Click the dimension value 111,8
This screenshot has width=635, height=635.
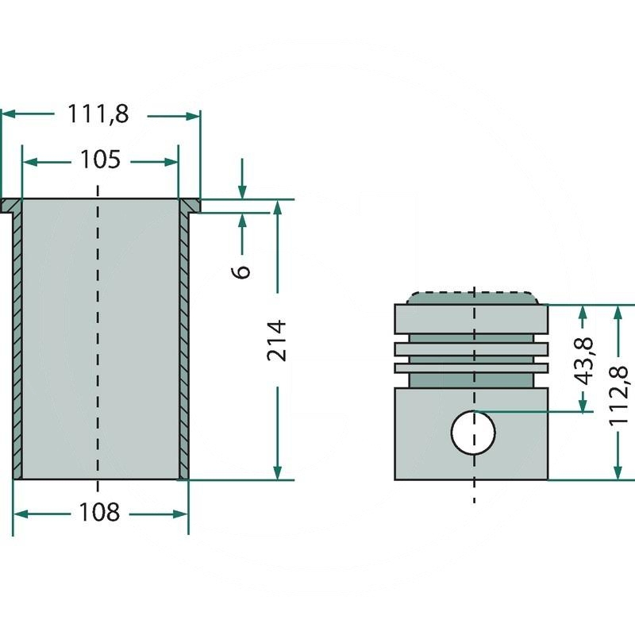pos(98,115)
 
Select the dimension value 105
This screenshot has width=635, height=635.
pos(100,160)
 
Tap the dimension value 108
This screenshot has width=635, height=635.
pos(100,513)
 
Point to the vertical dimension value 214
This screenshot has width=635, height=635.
pos(276,340)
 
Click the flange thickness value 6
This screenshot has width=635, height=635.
pos(243,269)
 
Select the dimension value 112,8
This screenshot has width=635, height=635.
pos(620,391)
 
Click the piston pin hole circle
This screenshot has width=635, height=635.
pos(473,433)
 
